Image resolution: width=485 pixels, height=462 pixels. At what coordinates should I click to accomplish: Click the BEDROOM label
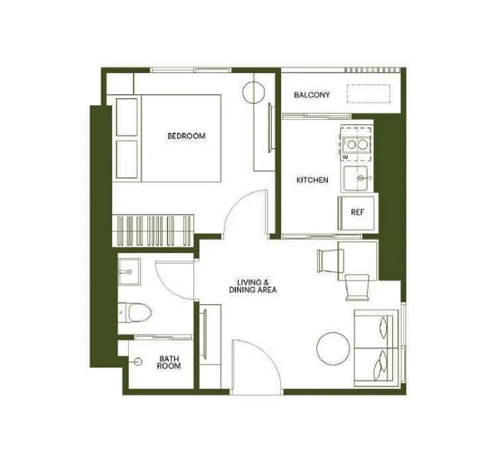click(186, 136)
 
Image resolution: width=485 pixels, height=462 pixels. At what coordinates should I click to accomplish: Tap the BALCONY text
click(312, 95)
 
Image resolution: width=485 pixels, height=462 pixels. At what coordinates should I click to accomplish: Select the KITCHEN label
click(312, 180)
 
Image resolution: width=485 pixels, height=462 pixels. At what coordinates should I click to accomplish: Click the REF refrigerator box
click(357, 212)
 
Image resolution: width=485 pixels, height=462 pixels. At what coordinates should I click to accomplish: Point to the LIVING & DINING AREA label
click(253, 286)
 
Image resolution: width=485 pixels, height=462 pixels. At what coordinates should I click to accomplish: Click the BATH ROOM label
click(169, 362)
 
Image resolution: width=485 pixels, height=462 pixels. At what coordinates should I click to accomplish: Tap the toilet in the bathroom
click(135, 312)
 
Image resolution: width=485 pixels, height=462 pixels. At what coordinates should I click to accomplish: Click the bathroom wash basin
click(129, 271)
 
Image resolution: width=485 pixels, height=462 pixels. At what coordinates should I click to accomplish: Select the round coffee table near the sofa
click(334, 349)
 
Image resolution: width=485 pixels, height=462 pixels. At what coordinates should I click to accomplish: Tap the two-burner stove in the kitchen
click(355, 144)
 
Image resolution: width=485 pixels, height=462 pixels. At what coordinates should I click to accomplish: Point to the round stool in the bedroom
click(254, 92)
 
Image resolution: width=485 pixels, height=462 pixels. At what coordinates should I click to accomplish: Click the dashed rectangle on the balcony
click(369, 93)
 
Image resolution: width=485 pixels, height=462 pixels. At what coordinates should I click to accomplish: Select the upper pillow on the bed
click(126, 117)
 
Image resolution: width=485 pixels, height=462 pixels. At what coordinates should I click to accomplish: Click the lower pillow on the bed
click(126, 159)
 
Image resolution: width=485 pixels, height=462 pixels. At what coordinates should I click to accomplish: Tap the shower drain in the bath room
click(138, 361)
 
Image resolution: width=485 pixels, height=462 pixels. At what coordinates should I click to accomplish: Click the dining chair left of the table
click(330, 261)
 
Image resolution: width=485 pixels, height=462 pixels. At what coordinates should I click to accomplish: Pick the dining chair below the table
click(357, 287)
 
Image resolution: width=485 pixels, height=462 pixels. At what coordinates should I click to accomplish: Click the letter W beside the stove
click(346, 157)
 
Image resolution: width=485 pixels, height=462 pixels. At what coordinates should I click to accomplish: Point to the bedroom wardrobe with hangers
click(153, 231)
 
